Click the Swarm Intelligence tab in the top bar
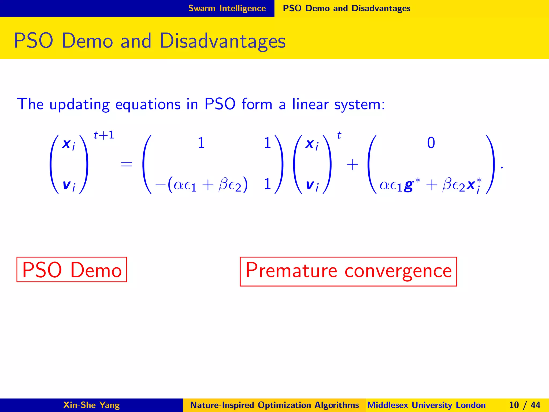227,8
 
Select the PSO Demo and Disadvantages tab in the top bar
346,8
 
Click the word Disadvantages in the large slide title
222,41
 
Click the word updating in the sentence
79,105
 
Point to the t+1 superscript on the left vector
104,135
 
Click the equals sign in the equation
127,164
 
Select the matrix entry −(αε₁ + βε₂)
201,185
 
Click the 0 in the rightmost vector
431,143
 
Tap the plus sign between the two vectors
353,164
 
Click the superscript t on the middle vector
339,135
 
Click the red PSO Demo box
72,270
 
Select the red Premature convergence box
348,271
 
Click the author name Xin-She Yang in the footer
91,405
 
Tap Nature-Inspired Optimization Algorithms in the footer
274,405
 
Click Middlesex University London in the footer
426,405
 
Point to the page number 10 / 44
524,405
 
